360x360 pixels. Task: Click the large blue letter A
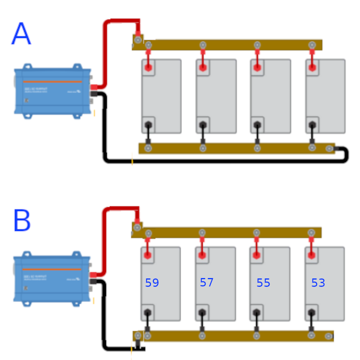pos(21,34)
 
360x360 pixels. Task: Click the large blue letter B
pos(22,221)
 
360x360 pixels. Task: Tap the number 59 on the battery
pos(152,283)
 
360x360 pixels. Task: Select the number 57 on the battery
pos(206,283)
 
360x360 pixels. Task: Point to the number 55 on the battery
pos(263,283)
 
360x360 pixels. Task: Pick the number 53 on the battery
pos(318,283)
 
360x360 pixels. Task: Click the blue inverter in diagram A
pos(53,91)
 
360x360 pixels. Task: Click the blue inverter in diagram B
pos(52,278)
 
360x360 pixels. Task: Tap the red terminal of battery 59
pos(147,255)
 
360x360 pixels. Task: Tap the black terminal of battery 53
pos(311,313)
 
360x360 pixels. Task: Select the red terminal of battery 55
pos(257,255)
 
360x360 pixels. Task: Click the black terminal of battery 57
pos(202,313)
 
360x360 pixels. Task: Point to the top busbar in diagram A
pos(230,45)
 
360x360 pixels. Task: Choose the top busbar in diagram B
pos(230,232)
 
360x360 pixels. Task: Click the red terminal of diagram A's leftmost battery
pos(148,68)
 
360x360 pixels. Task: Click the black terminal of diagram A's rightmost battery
pos(312,125)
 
